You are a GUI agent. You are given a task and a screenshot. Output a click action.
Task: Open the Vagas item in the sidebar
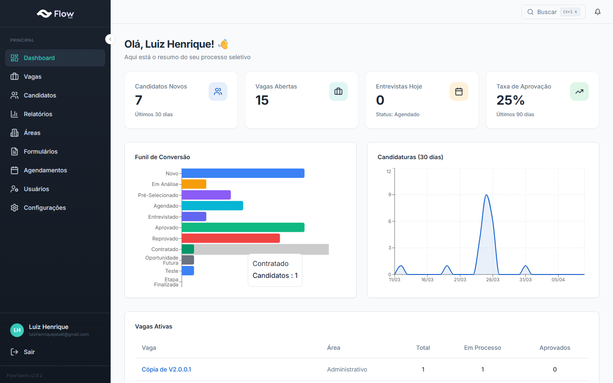(x=32, y=77)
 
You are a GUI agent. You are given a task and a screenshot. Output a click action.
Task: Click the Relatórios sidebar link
(x=38, y=114)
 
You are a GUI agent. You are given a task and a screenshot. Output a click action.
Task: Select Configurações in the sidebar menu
(x=45, y=208)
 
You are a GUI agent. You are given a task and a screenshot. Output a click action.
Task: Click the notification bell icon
(x=598, y=12)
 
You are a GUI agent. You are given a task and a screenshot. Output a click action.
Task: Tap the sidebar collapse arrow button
(x=110, y=39)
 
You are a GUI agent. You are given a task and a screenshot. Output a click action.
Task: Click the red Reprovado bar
(x=231, y=238)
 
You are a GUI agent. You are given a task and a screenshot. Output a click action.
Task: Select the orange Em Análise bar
(x=194, y=184)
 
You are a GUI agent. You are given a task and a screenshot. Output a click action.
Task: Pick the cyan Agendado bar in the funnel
(x=212, y=206)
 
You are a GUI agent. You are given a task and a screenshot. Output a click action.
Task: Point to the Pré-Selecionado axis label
(x=158, y=195)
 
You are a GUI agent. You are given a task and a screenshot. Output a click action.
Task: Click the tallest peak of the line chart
(x=486, y=195)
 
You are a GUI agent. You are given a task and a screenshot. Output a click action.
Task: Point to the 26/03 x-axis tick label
(x=493, y=280)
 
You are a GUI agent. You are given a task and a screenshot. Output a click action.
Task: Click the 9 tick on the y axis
(x=390, y=194)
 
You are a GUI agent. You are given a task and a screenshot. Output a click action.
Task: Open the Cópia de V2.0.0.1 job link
(x=166, y=369)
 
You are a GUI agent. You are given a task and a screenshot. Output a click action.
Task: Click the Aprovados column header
(x=554, y=348)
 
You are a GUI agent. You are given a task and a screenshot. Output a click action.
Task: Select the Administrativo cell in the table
(x=347, y=369)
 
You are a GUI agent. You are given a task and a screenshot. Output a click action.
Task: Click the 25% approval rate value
(x=510, y=100)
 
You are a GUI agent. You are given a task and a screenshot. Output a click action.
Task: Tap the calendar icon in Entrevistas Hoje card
(x=458, y=91)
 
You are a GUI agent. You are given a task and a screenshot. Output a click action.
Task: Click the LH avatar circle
(x=17, y=330)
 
